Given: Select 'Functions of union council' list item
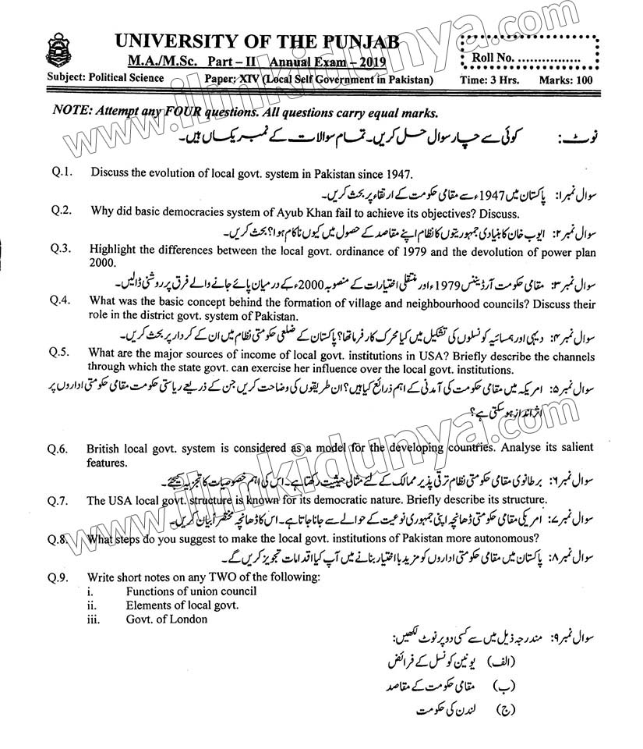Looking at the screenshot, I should pos(191,591).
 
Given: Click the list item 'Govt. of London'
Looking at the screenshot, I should pos(167,619).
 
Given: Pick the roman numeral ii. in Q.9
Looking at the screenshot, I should pos(91,605).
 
